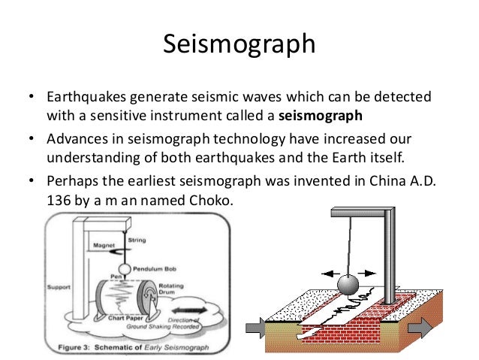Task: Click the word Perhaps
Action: tap(74, 183)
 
